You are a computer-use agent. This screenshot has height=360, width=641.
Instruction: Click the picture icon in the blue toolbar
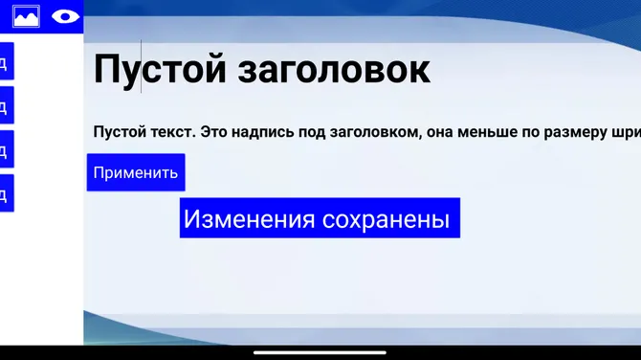coord(26,16)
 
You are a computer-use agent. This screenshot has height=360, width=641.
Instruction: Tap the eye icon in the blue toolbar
coord(65,16)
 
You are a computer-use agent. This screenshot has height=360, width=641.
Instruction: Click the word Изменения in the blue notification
coord(249,219)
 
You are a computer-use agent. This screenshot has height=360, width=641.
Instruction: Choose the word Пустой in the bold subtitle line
coord(119,132)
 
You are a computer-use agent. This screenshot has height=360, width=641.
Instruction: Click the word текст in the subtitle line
coord(169,132)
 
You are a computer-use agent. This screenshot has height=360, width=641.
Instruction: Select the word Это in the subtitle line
coord(215,132)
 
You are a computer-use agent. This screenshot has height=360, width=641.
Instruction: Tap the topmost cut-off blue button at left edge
coord(6,61)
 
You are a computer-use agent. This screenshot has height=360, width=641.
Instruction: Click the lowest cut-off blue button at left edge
coord(6,194)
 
